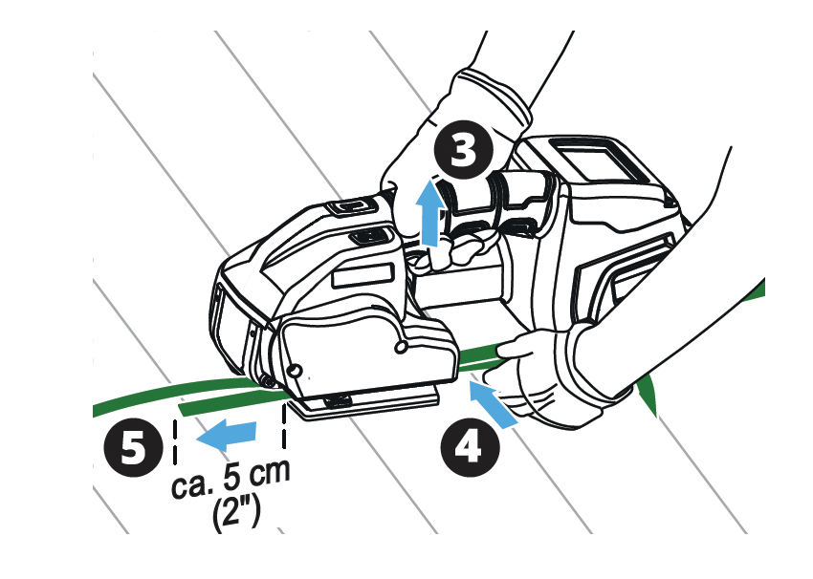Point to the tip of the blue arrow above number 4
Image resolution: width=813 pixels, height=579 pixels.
click(469, 380)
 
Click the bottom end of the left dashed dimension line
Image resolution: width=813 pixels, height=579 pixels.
click(175, 462)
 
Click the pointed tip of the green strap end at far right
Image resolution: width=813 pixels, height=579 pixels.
click(655, 417)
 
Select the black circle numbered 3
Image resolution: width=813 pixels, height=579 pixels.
click(464, 150)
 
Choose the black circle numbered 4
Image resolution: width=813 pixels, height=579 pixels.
click(470, 447)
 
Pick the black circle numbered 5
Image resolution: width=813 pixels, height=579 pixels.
click(134, 447)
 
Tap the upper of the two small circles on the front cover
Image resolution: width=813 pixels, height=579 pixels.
click(400, 347)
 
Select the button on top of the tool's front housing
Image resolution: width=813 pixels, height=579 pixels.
click(353, 207)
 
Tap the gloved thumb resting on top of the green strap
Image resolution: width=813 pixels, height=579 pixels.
click(515, 347)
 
